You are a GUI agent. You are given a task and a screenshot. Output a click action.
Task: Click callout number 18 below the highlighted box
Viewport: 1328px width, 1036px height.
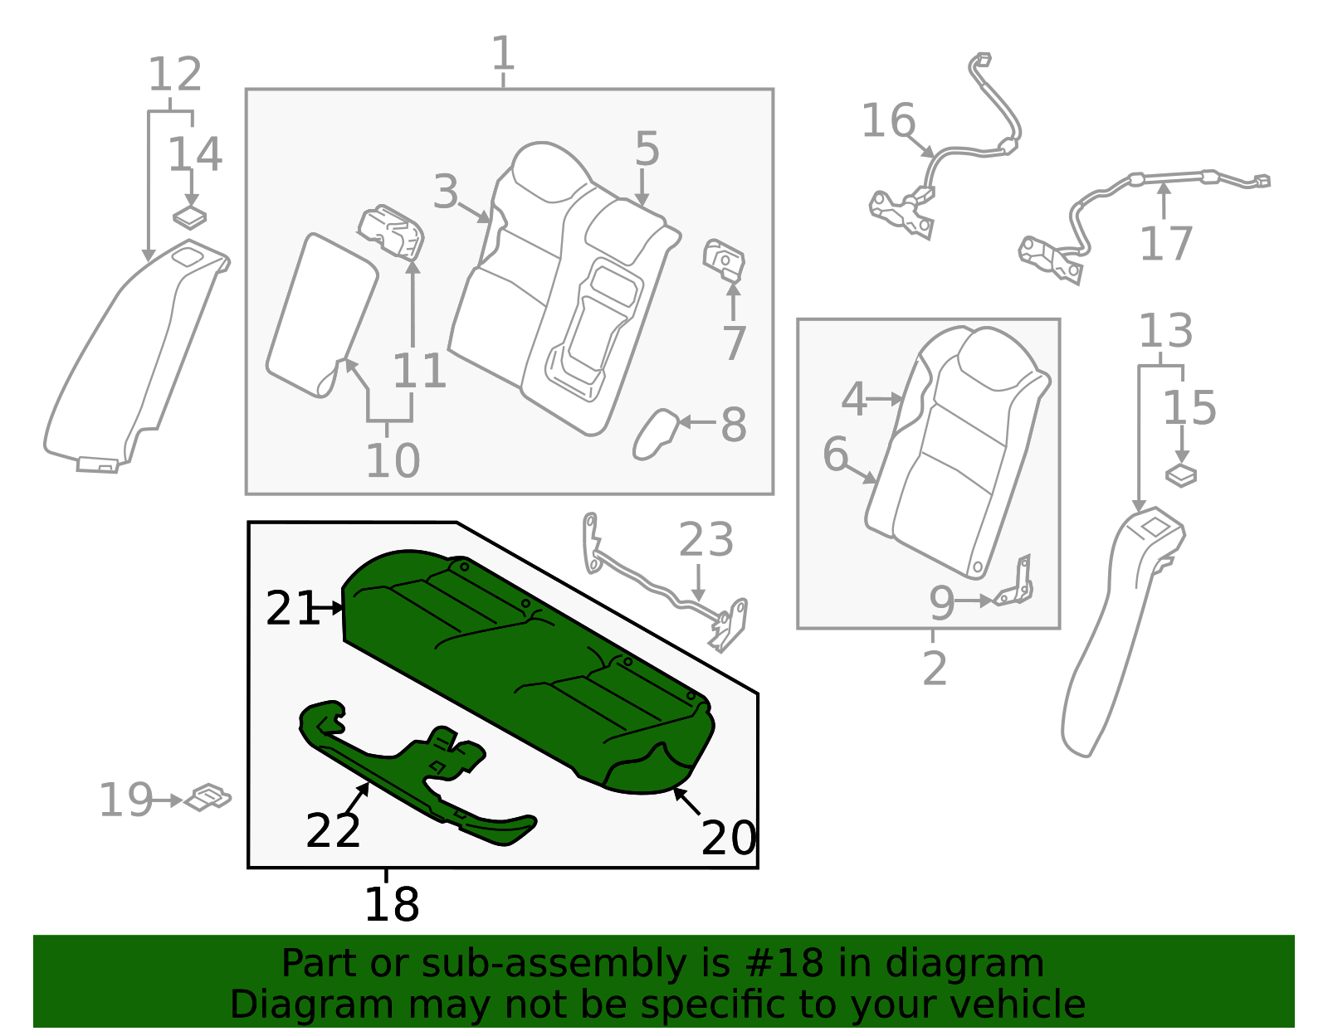tap(391, 904)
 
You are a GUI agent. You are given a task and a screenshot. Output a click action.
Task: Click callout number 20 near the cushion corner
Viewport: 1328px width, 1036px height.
tap(728, 838)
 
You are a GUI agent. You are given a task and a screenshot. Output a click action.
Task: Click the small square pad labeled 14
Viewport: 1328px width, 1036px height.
tap(189, 217)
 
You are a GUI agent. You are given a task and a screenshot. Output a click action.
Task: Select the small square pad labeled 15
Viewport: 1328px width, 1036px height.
tap(1180, 475)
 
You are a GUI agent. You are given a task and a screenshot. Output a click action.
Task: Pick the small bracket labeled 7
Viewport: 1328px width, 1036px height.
tap(724, 260)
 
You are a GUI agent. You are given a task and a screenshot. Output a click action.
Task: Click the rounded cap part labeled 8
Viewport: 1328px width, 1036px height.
tap(655, 433)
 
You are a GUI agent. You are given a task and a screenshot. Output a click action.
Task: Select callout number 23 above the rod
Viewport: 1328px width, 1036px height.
tap(705, 540)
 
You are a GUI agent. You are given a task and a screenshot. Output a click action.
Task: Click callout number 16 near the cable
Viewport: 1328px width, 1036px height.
tap(887, 121)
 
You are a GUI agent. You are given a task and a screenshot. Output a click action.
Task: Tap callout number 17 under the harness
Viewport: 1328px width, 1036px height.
tap(1165, 244)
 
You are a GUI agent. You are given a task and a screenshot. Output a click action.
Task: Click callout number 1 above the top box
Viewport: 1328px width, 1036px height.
tap(503, 54)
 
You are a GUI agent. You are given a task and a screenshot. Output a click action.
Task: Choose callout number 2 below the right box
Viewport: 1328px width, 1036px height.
tap(934, 668)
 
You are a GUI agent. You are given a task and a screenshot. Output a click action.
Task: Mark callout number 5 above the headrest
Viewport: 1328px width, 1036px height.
tap(647, 148)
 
